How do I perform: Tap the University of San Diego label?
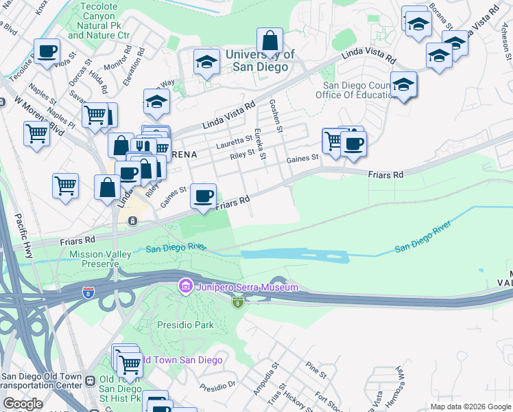tap(260, 61)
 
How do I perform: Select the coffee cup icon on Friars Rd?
tap(203, 196)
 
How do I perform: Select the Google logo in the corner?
tap(22, 404)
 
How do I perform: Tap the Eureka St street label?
tap(260, 143)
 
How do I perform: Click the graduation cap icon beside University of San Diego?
tap(206, 62)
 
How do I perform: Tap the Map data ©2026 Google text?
tap(470, 407)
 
